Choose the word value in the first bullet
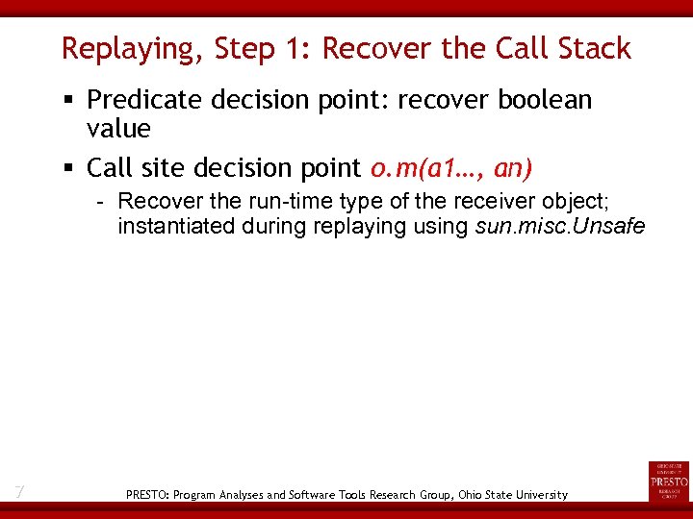(x=118, y=129)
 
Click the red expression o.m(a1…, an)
(x=450, y=168)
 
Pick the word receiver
(x=462, y=202)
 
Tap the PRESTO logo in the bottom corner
(x=669, y=481)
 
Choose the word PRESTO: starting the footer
(x=147, y=495)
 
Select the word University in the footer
(x=536, y=495)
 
